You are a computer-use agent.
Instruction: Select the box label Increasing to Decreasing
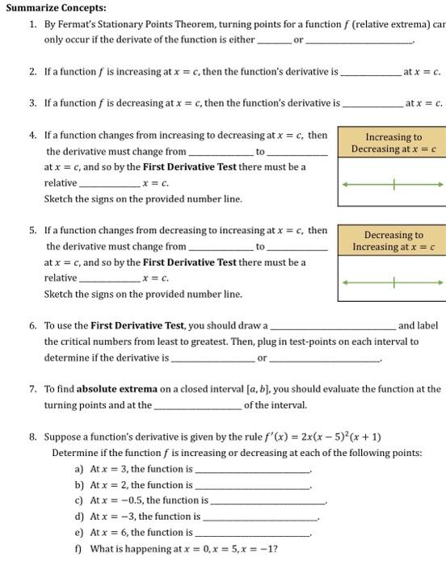(394, 143)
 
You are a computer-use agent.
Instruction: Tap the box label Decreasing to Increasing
(394, 241)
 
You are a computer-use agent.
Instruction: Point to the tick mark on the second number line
(394, 282)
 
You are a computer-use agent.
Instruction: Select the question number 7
(32, 389)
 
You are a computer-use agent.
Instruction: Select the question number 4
(32, 136)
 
